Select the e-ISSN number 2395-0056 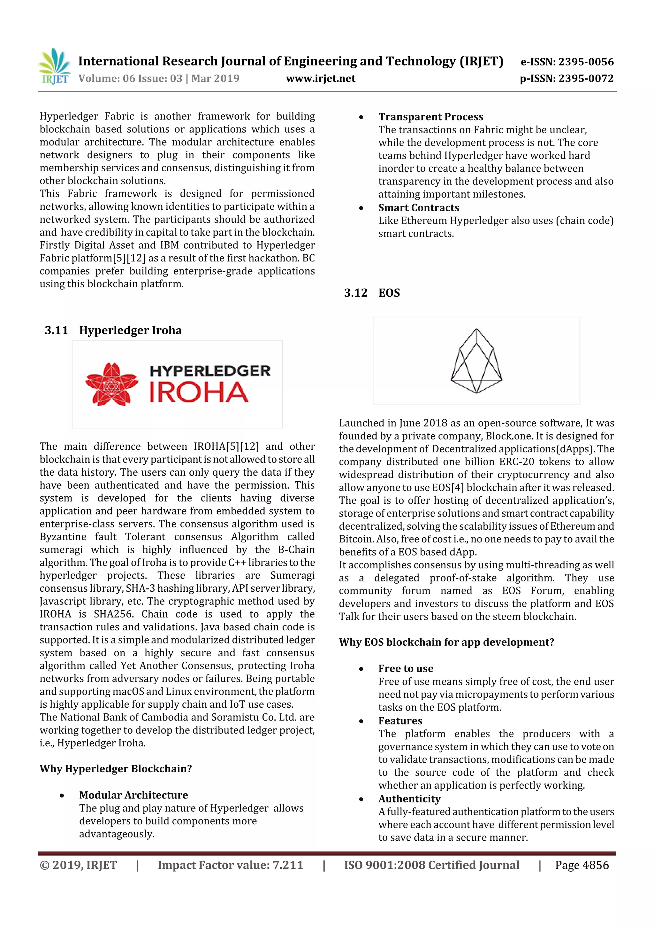585,62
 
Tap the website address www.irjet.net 320,78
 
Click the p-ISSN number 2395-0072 585,78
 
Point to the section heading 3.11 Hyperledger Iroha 113,330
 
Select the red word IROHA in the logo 199,393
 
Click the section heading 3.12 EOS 371,293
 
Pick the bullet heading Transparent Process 430,117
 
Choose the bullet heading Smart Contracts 418,208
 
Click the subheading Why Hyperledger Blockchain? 116,769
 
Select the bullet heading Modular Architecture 133,795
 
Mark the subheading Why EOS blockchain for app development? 446,642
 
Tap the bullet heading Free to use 405,669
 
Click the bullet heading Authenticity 409,799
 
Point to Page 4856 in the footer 582,865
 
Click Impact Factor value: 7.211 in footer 230,865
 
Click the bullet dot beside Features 361,721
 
